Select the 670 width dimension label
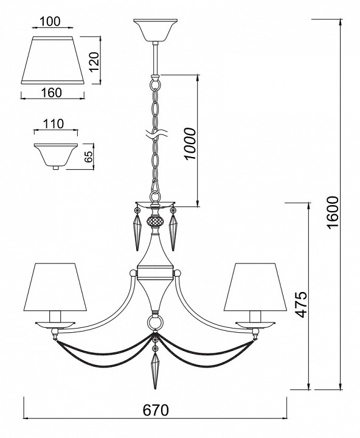156,411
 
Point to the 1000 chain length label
190,144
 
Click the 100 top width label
50,21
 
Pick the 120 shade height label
94,61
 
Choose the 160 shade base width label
52,92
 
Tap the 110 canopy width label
54,123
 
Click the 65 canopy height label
88,157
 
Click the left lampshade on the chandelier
55,287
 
